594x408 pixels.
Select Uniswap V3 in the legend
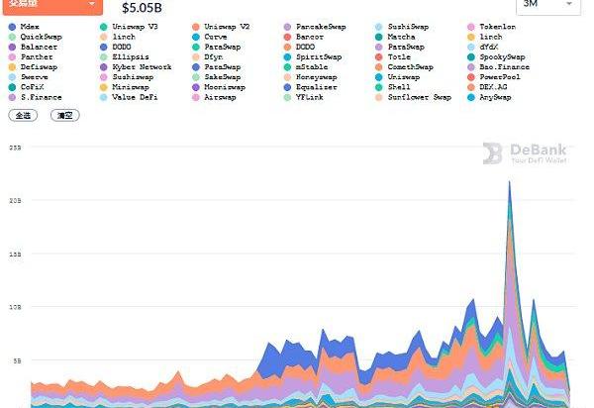point(135,26)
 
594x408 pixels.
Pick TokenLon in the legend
point(497,26)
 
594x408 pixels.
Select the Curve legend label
point(215,37)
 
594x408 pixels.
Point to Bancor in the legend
point(309,37)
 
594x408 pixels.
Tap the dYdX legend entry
point(491,47)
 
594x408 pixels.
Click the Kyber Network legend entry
point(142,67)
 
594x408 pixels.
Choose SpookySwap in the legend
point(502,57)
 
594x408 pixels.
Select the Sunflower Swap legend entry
point(419,98)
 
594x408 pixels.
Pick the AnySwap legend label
point(496,98)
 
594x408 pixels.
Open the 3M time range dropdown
point(545,5)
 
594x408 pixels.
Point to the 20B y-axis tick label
point(15,200)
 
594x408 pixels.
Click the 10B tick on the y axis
point(15,307)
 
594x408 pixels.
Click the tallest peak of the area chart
point(510,182)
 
